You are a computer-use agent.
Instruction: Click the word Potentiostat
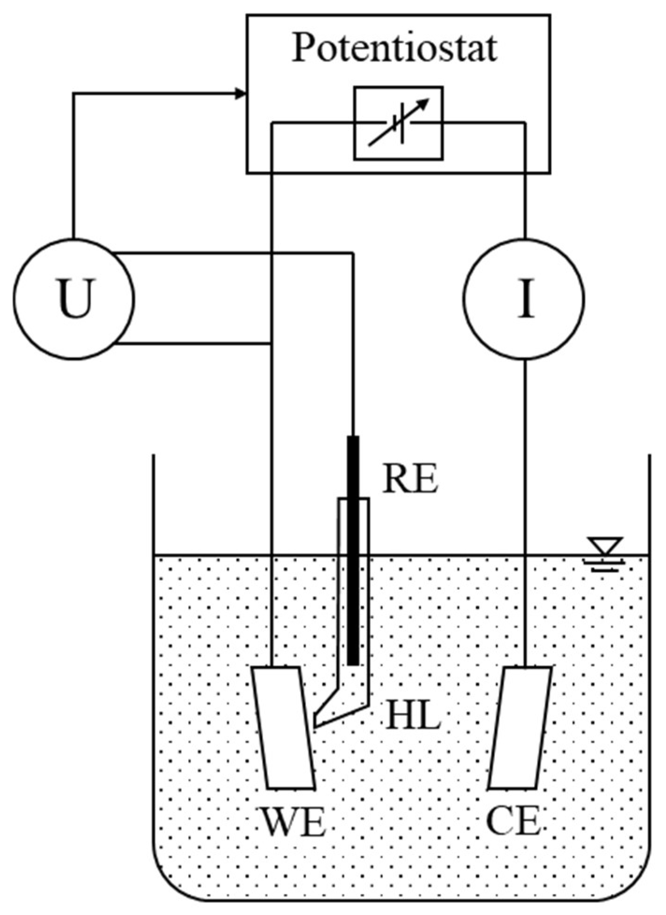coord(395,48)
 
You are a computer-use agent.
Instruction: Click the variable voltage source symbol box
coord(398,123)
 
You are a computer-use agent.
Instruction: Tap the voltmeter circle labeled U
coord(74,298)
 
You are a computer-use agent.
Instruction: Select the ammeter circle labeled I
coord(524,298)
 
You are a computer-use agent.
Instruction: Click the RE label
coord(410,479)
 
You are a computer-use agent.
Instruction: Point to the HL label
coord(413,717)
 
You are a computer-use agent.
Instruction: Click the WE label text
coord(293,823)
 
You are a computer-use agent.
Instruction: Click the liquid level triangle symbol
coord(605,546)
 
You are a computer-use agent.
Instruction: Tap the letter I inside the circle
coord(525,298)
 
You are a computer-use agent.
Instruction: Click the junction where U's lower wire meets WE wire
coord(272,344)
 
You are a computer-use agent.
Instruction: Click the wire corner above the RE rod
coord(353,253)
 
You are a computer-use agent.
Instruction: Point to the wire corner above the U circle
coord(73,94)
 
